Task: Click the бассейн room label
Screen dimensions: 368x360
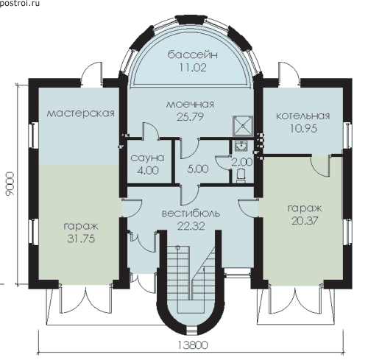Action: [x=193, y=55]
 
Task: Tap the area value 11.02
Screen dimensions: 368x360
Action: [x=193, y=68]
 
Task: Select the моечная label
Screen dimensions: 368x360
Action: [x=190, y=105]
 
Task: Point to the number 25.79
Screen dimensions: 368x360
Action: [x=190, y=117]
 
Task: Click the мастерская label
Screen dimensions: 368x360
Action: [x=80, y=113]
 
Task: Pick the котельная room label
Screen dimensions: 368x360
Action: [x=303, y=116]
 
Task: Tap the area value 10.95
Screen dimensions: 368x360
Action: [x=303, y=128]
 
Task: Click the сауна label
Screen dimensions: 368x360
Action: [x=147, y=158]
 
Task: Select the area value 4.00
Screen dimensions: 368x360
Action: [x=148, y=170]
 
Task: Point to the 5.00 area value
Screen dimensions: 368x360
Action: [x=198, y=169]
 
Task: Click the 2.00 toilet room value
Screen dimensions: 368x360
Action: [x=242, y=162]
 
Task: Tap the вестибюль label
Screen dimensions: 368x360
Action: [x=191, y=213]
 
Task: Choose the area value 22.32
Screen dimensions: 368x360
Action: [x=191, y=226]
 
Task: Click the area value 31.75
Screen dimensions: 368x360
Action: [x=81, y=239]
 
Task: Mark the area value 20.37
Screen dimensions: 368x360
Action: [x=305, y=221]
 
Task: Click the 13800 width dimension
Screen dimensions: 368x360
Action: [x=192, y=345]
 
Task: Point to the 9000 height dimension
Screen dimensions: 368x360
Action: [x=10, y=184]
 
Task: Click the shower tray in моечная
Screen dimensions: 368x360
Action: [x=243, y=126]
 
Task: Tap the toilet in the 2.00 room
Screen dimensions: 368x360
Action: [x=241, y=175]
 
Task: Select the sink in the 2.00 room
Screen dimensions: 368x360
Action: [x=241, y=146]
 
